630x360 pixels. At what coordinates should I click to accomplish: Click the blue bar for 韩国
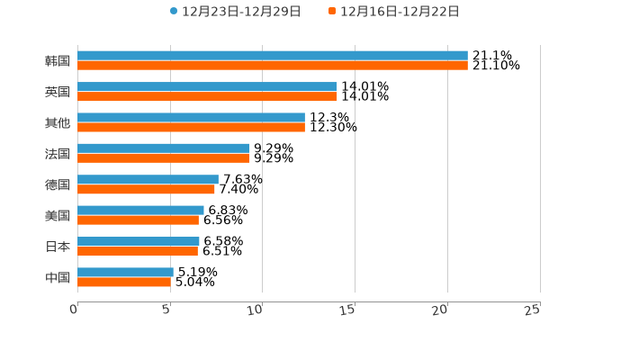272,56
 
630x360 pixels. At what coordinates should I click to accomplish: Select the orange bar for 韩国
272,66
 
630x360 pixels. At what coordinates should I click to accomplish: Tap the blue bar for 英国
207,86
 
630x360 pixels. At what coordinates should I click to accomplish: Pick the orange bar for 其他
191,127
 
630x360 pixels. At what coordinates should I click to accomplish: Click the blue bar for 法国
163,148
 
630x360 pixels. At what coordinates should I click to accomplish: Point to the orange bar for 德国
146,189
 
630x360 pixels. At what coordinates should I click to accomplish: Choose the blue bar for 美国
140,210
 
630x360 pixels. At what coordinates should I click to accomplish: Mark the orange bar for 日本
138,251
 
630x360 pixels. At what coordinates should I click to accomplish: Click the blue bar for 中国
125,272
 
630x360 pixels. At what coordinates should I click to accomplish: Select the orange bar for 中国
124,282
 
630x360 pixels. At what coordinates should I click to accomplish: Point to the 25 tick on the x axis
532,310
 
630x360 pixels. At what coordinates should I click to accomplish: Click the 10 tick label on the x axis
255,310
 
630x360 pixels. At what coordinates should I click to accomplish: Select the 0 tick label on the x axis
74,310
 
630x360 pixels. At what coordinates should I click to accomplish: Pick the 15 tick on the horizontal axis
347,310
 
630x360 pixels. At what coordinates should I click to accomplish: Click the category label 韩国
58,61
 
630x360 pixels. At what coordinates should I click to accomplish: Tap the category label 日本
58,247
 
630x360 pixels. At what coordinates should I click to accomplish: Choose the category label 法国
58,154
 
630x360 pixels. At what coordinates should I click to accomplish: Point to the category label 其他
58,122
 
